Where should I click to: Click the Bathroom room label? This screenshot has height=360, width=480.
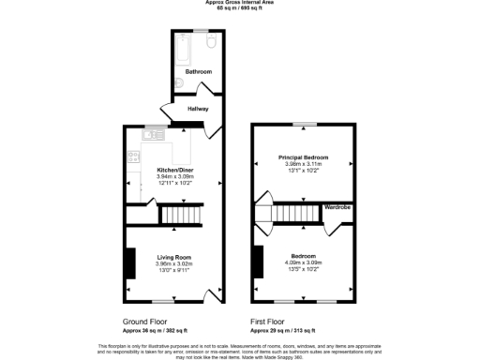coord(198,72)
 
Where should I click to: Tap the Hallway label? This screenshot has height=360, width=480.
coord(198,109)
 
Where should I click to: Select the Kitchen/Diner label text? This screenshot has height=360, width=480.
coord(173,170)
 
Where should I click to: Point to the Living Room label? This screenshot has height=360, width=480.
coord(173,257)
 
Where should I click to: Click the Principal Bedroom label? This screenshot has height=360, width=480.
coord(303,157)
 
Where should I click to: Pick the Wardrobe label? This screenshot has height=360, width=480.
coord(337,206)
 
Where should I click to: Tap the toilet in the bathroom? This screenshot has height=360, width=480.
coord(211,43)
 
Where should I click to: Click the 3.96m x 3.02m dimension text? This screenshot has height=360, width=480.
coord(173,264)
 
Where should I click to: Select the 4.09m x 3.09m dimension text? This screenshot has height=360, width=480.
coord(303,263)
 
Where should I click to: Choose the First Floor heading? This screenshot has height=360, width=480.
coord(269,322)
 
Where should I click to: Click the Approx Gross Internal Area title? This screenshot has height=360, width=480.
coord(240,3)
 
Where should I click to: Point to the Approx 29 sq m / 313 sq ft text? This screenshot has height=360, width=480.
coord(282,331)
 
